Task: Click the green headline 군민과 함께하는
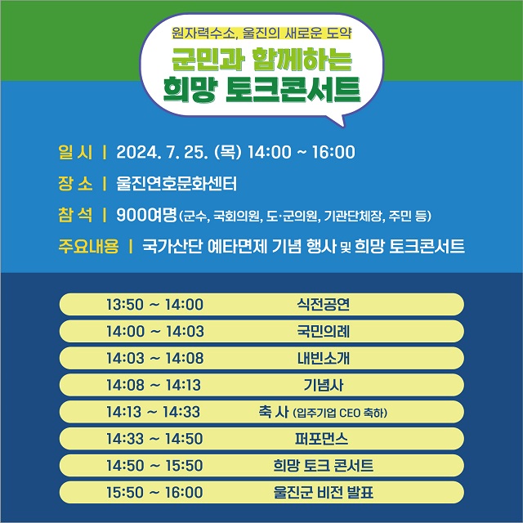[261, 60]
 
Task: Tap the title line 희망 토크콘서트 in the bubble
[261, 88]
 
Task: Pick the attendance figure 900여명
[147, 215]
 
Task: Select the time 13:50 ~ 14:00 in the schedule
[154, 305]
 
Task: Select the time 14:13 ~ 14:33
[154, 412]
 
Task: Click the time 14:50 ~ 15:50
[154, 466]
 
